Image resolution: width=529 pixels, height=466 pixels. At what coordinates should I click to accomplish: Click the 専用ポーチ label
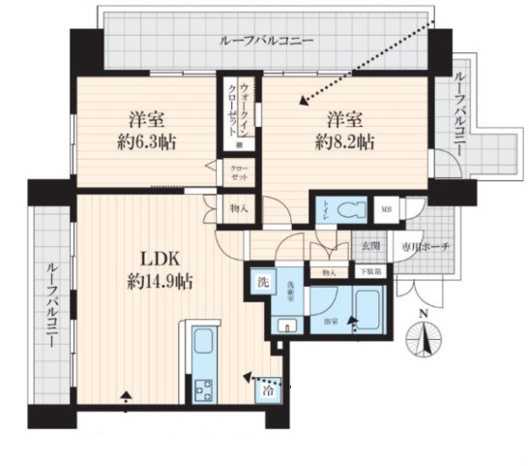[422, 248]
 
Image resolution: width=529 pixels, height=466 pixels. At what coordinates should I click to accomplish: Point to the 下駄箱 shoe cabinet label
[370, 272]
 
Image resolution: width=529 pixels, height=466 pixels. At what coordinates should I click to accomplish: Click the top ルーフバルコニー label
[265, 42]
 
